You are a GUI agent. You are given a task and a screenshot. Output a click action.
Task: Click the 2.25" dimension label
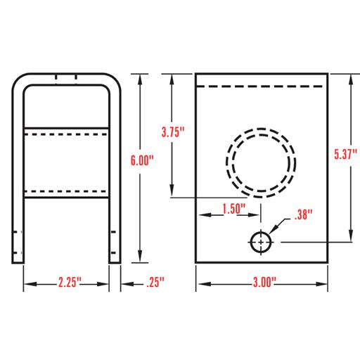(x=70, y=282)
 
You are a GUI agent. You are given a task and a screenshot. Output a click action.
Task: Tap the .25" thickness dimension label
(x=155, y=282)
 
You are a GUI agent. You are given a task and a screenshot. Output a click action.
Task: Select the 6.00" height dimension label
(x=142, y=160)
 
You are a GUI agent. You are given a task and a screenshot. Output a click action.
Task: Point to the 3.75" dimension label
(x=173, y=132)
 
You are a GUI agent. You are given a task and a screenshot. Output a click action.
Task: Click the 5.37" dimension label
(x=346, y=154)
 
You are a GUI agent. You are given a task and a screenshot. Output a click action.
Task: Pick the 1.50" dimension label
(x=233, y=209)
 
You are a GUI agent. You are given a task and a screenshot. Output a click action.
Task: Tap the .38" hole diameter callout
(x=304, y=214)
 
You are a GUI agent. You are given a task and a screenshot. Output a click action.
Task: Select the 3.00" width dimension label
(x=264, y=282)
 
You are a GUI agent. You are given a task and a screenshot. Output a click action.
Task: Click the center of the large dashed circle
(x=261, y=163)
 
